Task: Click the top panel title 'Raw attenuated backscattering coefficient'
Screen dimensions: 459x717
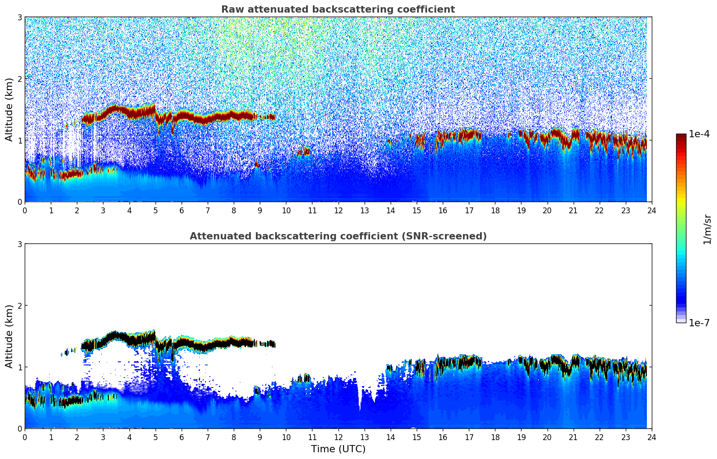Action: (338, 9)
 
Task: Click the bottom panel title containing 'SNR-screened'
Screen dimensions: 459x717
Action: (338, 236)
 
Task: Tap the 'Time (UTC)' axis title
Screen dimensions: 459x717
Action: (338, 449)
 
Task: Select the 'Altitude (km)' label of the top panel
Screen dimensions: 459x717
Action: (9, 109)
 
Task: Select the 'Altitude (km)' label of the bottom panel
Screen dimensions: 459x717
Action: (9, 336)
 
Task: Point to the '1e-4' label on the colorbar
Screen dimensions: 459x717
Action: (699, 134)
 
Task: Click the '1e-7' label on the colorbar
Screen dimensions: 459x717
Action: (699, 323)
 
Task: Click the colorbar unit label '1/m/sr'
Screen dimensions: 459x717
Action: (707, 229)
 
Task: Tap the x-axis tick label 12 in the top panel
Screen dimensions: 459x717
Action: (338, 210)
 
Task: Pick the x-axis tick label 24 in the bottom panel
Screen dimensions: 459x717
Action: (651, 437)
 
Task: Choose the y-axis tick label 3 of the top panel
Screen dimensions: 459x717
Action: (19, 17)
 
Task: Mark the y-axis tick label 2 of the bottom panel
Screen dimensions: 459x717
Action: (19, 306)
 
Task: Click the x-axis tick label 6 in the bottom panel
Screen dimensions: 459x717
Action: (182, 437)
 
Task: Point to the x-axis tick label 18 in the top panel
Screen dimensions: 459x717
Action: (495, 210)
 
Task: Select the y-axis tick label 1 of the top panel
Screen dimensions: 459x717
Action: (19, 140)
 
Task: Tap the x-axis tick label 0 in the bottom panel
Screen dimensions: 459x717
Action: (25, 437)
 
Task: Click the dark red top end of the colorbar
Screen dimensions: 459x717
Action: (681, 136)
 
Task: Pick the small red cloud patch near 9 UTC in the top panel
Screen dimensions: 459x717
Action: (257, 164)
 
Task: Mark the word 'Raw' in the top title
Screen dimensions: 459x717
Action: (231, 9)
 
